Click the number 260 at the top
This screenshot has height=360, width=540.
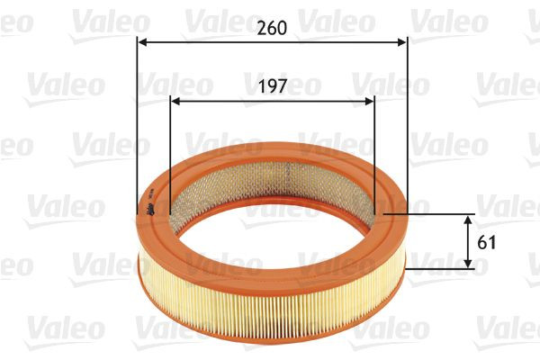[x=272, y=27]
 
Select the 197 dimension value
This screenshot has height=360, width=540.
[x=272, y=86]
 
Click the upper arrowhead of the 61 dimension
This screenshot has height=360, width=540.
[x=468, y=220]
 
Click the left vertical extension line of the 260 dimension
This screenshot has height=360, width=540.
[x=137, y=126]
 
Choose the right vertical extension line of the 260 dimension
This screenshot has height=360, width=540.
[x=407, y=126]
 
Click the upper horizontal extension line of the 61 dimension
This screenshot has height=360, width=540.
[x=432, y=214]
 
